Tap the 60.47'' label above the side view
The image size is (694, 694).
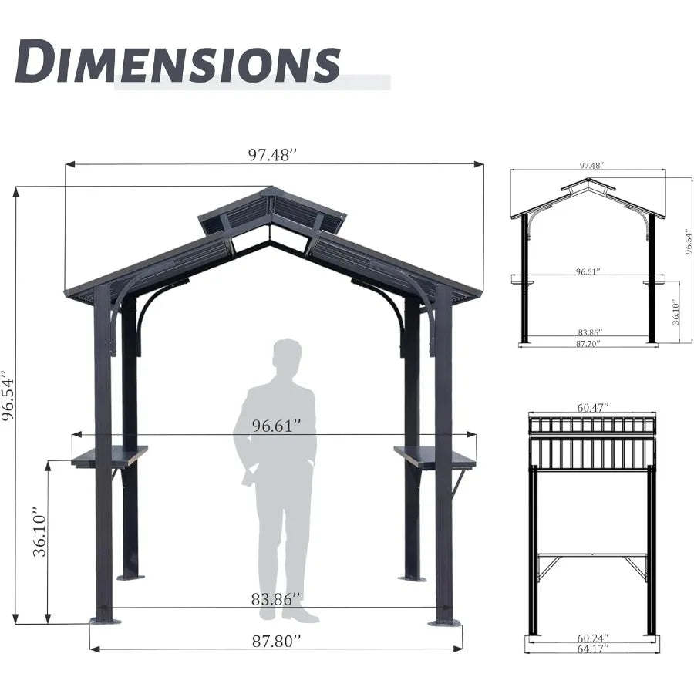pyautogui.click(x=592, y=406)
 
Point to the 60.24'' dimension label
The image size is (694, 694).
pyautogui.click(x=592, y=638)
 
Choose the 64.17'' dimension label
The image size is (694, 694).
pyautogui.click(x=592, y=649)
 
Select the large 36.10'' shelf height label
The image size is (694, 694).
pyautogui.click(x=40, y=532)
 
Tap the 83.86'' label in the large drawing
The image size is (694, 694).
pyautogui.click(x=276, y=598)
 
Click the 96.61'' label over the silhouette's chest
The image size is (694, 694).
pyautogui.click(x=276, y=426)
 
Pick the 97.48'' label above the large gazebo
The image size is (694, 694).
pyautogui.click(x=272, y=155)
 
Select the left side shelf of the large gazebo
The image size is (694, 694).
pyautogui.click(x=108, y=456)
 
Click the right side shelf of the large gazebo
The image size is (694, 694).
pyautogui.click(x=435, y=456)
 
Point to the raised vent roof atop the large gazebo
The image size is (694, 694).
pyautogui.click(x=272, y=211)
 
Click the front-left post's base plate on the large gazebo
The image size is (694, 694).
pyautogui.click(x=105, y=620)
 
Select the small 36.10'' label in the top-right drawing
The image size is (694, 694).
pyautogui.click(x=676, y=312)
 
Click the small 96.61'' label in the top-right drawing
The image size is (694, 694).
pyautogui.click(x=588, y=272)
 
